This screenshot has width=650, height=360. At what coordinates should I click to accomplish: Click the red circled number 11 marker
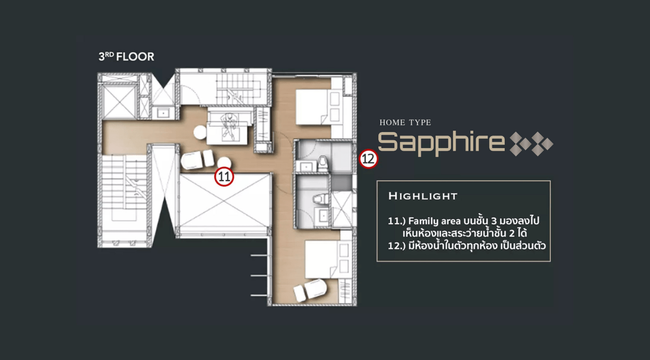[x=224, y=176]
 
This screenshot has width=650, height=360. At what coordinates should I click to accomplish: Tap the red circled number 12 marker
[x=369, y=159]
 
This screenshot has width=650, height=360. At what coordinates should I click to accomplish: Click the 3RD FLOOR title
[x=126, y=57]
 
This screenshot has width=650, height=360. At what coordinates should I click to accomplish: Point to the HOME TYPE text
[x=405, y=122]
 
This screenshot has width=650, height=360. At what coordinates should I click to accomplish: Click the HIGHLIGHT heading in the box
[x=423, y=196]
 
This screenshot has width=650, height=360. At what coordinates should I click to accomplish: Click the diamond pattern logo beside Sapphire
[x=532, y=144]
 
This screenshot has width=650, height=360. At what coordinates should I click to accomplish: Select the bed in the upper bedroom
[x=314, y=107]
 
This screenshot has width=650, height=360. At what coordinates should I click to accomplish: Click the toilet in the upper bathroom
[x=322, y=164]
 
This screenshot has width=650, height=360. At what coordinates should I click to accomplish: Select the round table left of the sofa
[x=200, y=133]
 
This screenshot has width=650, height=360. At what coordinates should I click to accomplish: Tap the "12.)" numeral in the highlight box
[x=397, y=246]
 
